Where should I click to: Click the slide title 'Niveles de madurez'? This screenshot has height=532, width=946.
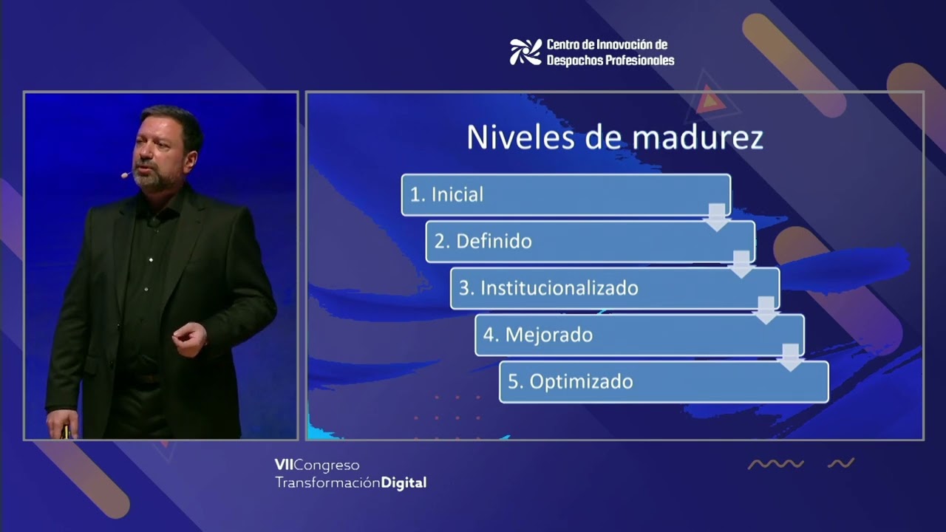[x=614, y=137]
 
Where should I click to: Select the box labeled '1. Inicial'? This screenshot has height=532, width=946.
[x=565, y=194]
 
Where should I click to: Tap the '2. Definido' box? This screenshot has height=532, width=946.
[x=590, y=241]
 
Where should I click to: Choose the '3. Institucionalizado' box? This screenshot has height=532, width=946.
[x=614, y=288]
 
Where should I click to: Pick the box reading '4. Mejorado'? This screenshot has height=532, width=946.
[x=639, y=335]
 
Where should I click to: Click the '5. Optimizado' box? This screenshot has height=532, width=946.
[x=664, y=381]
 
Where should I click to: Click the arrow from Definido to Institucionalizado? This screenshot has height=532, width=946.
[x=741, y=264]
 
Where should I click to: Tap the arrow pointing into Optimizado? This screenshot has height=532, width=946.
[x=791, y=358]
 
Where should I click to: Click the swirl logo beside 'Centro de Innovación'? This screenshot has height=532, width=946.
[x=525, y=52]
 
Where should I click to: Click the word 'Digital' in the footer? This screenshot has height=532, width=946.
[x=404, y=483]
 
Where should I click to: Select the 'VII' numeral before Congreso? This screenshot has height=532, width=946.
[x=284, y=465]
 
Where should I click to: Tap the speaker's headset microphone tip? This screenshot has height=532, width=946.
[x=124, y=176]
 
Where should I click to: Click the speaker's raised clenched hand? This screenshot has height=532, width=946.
[x=189, y=338]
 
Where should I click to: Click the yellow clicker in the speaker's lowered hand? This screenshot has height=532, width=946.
[x=65, y=432]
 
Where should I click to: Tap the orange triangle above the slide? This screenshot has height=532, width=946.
[x=709, y=100]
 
